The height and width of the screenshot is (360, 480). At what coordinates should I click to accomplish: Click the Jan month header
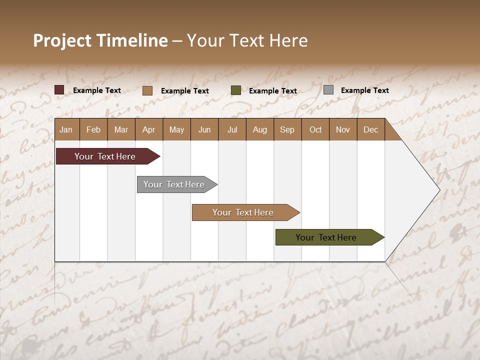coord(66,129)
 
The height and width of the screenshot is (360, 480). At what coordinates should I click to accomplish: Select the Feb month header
coord(93,129)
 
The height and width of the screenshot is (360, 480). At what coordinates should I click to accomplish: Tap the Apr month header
coord(149,129)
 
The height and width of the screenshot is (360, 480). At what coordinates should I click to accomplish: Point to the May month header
coord(176,129)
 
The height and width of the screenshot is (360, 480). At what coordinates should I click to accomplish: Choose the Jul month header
coord(232,129)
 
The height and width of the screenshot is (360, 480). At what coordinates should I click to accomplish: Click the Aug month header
coord(260,129)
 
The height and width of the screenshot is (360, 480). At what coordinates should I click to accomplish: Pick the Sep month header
coord(287,129)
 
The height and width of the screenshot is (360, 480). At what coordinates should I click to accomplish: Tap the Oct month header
coord(315,129)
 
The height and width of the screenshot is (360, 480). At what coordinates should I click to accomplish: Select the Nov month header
coord(343,129)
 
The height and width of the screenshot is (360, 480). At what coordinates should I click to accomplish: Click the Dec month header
coord(371,129)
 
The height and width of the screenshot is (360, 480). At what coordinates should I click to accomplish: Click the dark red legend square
coord(59,90)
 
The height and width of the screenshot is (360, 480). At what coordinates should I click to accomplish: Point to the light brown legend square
coord(147,90)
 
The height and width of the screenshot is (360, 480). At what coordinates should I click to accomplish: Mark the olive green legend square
coord(236,90)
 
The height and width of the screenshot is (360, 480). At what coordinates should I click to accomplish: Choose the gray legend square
coord(328,90)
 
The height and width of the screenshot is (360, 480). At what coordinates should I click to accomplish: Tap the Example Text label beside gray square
coord(365,90)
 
